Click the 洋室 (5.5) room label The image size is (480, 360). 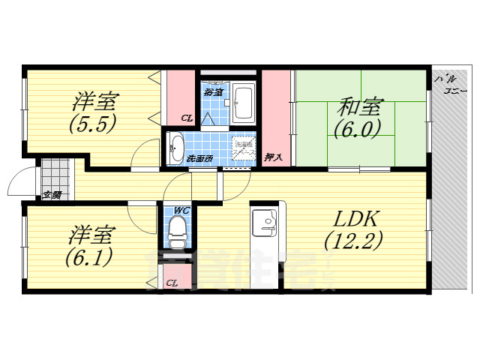pyautogui.click(x=93, y=112)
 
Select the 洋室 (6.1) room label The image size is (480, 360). pyautogui.click(x=91, y=247)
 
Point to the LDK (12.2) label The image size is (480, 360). pyautogui.click(x=353, y=229)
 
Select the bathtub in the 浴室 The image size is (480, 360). pyautogui.click(x=244, y=103)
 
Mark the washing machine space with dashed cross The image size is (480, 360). pyautogui.click(x=243, y=147)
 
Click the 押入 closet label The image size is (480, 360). pyautogui.click(x=274, y=157)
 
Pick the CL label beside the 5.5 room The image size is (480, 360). pyautogui.click(x=187, y=118)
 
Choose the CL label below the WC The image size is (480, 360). pyautogui.click(x=172, y=283)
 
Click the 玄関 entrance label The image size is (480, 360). pyautogui.click(x=51, y=195)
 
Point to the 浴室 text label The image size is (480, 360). pyautogui.click(x=213, y=92)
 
